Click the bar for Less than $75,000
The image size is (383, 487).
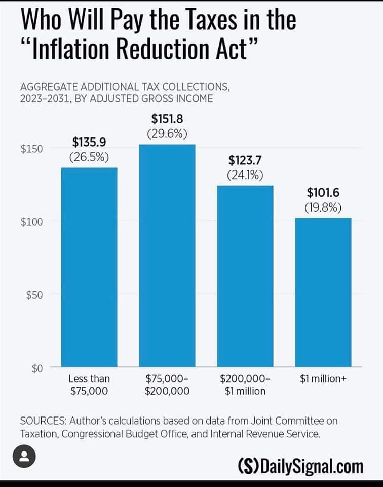tap(89, 267)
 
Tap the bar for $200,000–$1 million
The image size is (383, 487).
tap(245, 276)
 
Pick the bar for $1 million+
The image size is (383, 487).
tap(323, 292)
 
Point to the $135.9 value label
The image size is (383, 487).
tap(89, 142)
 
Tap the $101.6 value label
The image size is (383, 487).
tap(323, 193)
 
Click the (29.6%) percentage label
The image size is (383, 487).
tap(167, 134)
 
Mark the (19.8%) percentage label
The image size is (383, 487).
tap(323, 207)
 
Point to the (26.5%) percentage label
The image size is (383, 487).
tap(89, 157)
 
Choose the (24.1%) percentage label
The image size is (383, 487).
tap(245, 176)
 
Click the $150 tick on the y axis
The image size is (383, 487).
tap(31, 149)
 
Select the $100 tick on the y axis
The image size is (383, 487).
tap(31, 222)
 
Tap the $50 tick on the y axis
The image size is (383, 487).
tap(34, 295)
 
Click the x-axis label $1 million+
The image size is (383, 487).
tap(323, 379)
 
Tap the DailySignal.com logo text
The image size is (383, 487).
tap(300, 466)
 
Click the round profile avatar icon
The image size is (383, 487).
tap(23, 457)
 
